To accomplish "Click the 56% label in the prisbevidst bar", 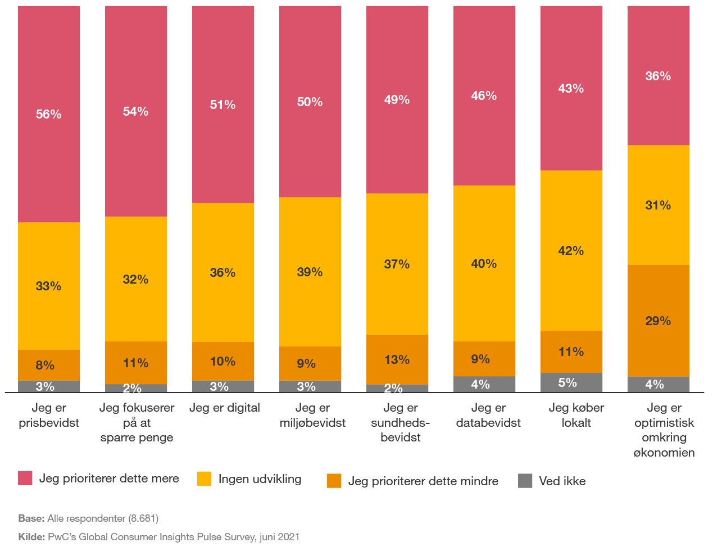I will [x=49, y=114].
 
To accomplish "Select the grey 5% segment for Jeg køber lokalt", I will [x=571, y=382].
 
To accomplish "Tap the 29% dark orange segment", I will [x=658, y=321].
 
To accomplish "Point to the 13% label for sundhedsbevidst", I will [x=397, y=359].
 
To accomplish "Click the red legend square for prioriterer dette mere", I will [x=25, y=478].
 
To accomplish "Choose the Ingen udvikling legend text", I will [x=260, y=479].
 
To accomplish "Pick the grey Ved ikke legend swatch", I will [x=525, y=481].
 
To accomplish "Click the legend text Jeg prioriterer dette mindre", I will [x=423, y=481].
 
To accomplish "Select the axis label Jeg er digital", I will [x=224, y=408].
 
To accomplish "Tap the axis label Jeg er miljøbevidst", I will [x=312, y=415].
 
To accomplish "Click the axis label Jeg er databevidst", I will [x=488, y=415].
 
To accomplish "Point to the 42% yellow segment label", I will [x=571, y=250].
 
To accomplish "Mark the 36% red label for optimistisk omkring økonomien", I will [x=658, y=76].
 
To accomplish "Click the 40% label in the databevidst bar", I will [x=484, y=263].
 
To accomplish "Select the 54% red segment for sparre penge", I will [x=136, y=111].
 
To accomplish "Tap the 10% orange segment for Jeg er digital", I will [x=223, y=361].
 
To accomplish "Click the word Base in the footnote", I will [x=30, y=518].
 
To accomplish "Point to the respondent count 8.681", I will [x=143, y=518].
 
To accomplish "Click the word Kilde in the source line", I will [x=31, y=537].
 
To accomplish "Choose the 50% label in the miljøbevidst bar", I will [x=310, y=102].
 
